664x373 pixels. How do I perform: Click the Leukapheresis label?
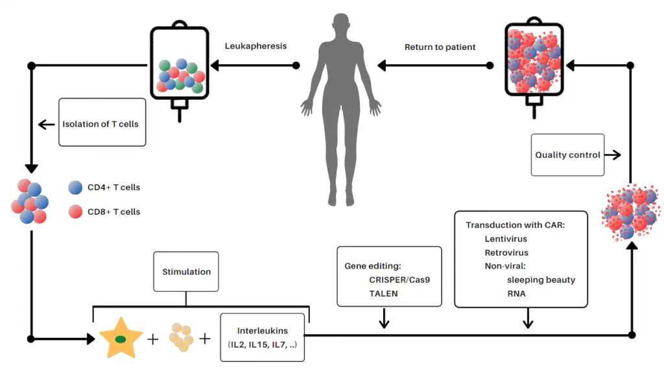pyautogui.click(x=255, y=47)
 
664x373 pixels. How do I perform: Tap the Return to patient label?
pyautogui.click(x=440, y=47)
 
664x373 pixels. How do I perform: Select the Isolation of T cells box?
pyautogui.click(x=102, y=123)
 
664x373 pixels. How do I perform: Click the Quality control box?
pyautogui.click(x=567, y=155)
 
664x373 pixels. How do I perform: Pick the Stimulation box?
pyautogui.click(x=186, y=272)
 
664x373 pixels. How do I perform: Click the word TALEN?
pyautogui.click(x=384, y=293)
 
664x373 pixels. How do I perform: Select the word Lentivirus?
pyautogui.click(x=506, y=239)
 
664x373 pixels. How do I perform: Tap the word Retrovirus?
pyautogui.click(x=506, y=252)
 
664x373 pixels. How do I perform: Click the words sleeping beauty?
pyautogui.click(x=541, y=280)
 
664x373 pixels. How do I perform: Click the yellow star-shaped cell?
pyautogui.click(x=120, y=338)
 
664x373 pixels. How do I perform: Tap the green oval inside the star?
pyautogui.click(x=120, y=339)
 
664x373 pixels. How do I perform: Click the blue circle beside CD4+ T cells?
pyautogui.click(x=75, y=187)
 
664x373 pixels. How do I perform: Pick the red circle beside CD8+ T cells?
pyautogui.click(x=75, y=211)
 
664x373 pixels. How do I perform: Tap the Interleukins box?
pyautogui.click(x=262, y=337)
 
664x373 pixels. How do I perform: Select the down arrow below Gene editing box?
pyautogui.click(x=383, y=319)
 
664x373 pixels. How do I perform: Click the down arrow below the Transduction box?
pyautogui.click(x=528, y=319)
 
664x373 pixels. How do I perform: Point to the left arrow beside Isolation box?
pyautogui.click(x=46, y=125)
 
